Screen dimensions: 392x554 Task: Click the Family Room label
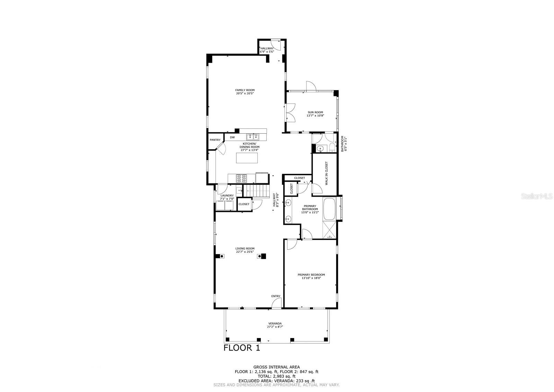tap(245, 92)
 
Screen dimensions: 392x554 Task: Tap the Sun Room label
tap(315, 114)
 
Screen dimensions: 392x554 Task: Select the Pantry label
tap(215, 140)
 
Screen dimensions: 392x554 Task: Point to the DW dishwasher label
tap(232, 137)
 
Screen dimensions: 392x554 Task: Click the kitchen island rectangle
tap(247, 158)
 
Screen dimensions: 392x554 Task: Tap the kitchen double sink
tap(252, 137)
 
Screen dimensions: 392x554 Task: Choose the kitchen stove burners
tap(241, 179)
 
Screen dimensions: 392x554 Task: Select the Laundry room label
tap(227, 197)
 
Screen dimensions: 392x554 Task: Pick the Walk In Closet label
tap(326, 173)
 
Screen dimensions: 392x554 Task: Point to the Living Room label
tap(245, 250)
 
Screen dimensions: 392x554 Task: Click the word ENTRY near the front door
tap(276, 296)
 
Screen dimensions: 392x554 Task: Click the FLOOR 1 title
tap(242, 348)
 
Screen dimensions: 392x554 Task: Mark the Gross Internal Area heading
tap(277, 367)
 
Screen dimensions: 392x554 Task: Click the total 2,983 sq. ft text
tap(277, 376)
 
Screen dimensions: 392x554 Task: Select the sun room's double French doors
tap(290, 112)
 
